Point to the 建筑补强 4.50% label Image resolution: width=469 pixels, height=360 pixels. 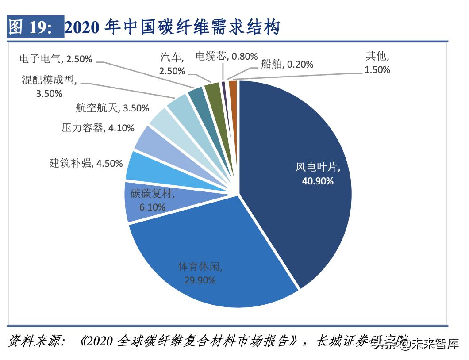[x=86, y=163]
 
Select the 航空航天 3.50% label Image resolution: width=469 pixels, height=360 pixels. [x=112, y=108]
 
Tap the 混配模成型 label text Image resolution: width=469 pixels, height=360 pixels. [x=49, y=80]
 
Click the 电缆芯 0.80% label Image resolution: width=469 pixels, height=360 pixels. [x=226, y=56]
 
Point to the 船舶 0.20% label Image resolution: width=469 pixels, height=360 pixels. [x=287, y=64]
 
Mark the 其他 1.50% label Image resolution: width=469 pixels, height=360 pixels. [x=377, y=63]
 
